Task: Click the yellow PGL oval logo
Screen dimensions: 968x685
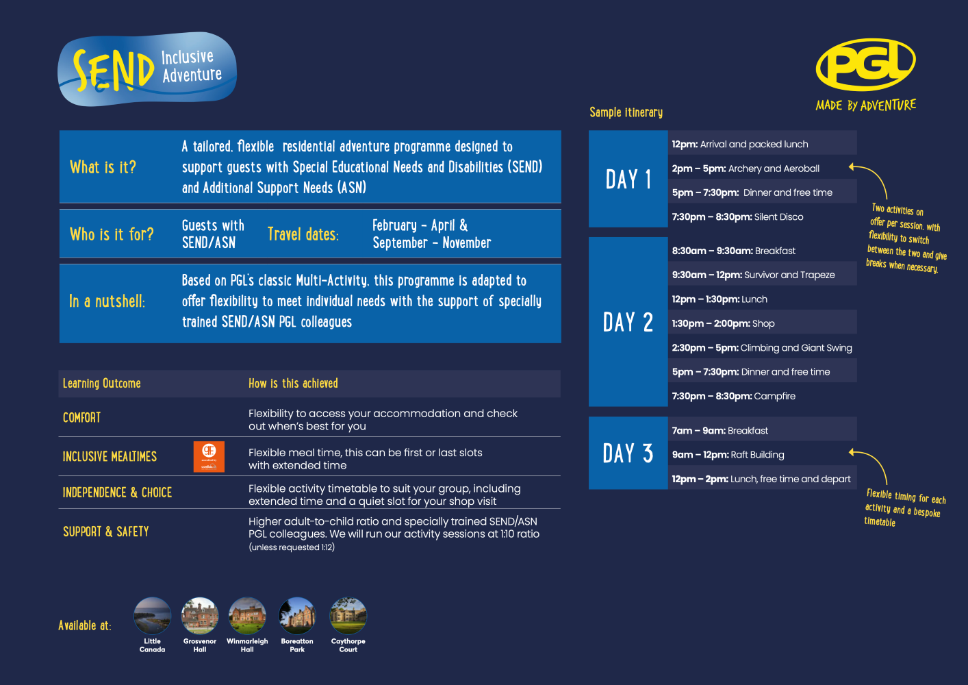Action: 865,64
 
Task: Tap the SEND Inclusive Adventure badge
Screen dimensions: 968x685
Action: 147,69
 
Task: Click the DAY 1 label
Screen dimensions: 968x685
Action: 628,179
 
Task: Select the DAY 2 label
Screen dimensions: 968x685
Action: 628,322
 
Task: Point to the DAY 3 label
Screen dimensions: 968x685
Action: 628,453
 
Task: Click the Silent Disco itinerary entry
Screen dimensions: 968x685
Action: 738,216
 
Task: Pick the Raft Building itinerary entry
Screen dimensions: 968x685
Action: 728,455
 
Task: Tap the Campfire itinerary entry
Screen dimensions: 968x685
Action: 733,396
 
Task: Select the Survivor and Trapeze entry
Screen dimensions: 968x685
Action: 753,275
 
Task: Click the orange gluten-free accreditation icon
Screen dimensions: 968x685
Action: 209,457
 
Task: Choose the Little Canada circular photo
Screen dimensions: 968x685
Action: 152,615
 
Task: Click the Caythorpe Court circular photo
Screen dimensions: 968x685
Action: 348,615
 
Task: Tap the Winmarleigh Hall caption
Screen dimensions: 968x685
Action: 247,645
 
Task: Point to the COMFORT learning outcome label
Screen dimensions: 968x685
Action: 81,417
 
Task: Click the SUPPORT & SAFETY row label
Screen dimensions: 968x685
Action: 106,532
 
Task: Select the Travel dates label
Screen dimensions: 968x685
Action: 303,234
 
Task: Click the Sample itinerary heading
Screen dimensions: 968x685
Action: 626,112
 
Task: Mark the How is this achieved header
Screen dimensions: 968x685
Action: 293,383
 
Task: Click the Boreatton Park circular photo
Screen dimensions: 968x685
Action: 297,615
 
